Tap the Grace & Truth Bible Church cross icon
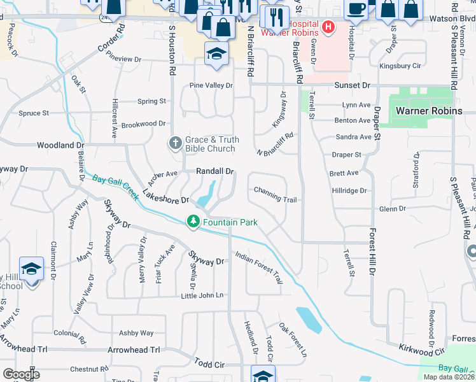click(175, 143)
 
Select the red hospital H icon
click(328, 27)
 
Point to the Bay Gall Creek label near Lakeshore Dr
click(115, 187)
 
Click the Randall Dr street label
click(215, 171)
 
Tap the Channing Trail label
click(276, 200)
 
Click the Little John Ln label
click(202, 295)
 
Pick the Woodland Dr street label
click(60, 145)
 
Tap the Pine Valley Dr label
click(211, 85)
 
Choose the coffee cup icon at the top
click(356, 9)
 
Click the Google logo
click(20, 374)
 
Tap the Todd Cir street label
click(210, 364)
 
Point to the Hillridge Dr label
click(349, 190)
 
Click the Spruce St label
click(34, 113)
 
